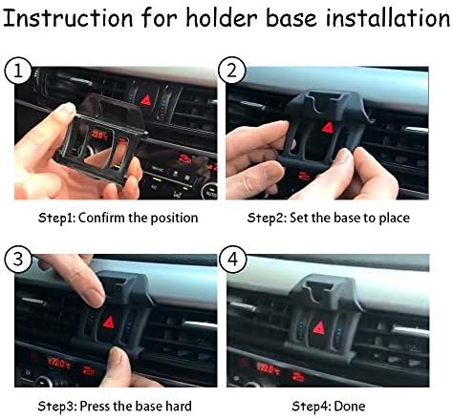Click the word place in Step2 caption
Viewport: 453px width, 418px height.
point(392,218)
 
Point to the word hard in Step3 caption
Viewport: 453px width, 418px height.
point(175,407)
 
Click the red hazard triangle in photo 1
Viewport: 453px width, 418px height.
point(145,99)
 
